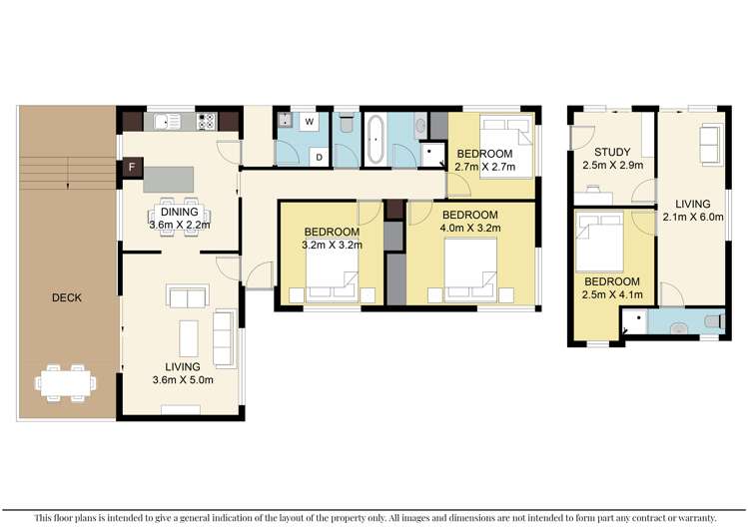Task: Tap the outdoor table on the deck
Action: (x=66, y=380)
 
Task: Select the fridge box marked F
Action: (x=130, y=169)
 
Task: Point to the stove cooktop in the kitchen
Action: (x=207, y=122)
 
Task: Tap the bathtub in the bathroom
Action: (x=376, y=140)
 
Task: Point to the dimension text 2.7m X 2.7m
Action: (x=484, y=167)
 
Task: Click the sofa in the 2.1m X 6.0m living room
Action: (x=710, y=145)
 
